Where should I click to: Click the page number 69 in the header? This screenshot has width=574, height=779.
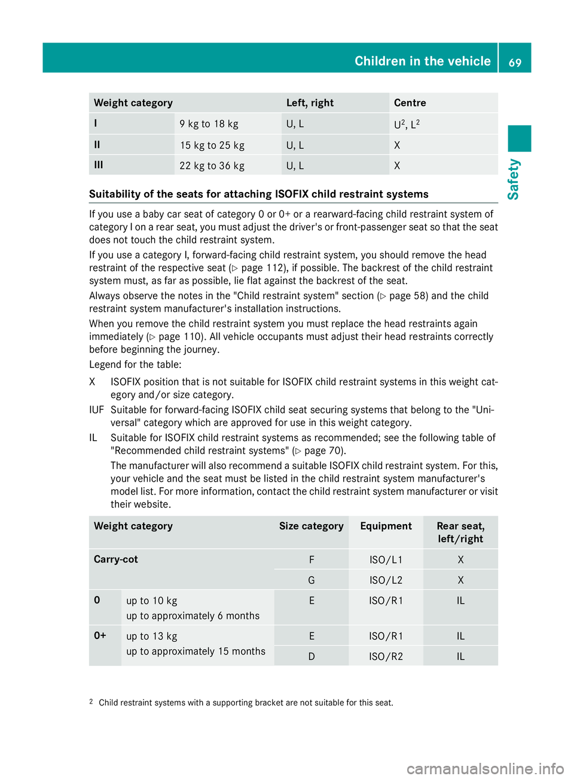coord(515,62)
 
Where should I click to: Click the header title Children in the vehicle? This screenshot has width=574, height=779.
coord(422,61)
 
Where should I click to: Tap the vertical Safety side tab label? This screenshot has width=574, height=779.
coord(514,179)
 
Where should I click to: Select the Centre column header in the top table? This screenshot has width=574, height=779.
coord(410,103)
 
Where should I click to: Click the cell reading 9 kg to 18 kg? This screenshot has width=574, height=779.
coord(209,124)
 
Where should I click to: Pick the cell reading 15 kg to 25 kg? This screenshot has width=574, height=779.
coord(212,145)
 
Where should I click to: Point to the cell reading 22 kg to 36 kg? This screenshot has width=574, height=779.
coord(212,166)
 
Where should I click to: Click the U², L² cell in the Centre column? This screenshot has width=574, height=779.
coord(407,124)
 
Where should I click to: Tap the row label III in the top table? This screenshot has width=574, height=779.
coord(99,165)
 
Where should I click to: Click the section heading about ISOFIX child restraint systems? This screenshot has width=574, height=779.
coord(258,194)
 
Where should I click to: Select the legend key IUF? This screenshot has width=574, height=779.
coord(96,410)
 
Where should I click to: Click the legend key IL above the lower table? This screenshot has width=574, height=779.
coord(93,438)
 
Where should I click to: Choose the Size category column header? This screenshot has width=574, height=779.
coord(311,526)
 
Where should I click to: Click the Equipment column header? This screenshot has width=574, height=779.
coord(386,526)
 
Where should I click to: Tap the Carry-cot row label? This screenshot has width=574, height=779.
coord(116,559)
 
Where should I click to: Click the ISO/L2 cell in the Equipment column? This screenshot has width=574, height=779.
coord(386,580)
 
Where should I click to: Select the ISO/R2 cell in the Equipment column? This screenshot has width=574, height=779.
coord(386,656)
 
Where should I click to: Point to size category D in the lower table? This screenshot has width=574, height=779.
coord(312,656)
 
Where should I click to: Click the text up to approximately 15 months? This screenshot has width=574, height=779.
coord(196,652)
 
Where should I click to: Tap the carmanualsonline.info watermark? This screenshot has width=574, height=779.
coord(485,768)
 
